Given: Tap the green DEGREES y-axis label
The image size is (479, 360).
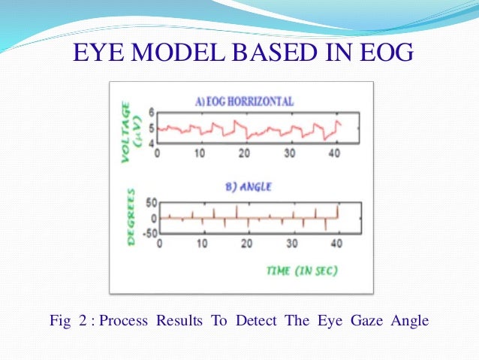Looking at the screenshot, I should pos(131,218).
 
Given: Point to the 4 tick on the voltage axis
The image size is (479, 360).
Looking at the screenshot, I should pos(151,143).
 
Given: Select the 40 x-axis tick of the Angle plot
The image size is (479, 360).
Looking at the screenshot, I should pos(336,244).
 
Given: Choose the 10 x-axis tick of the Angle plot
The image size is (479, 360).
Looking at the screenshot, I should pos(202,244).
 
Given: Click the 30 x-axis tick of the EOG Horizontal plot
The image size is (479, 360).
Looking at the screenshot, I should pos(290,153).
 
